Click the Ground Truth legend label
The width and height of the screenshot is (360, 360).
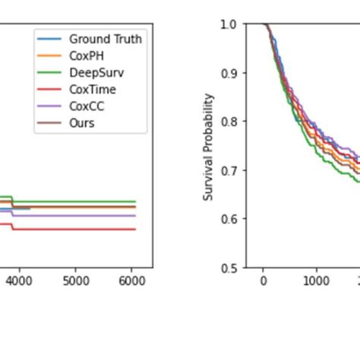pyautogui.click(x=105, y=39)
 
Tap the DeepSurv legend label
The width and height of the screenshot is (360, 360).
pyautogui.click(x=94, y=72)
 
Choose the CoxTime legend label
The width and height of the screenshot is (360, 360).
pyautogui.click(x=92, y=89)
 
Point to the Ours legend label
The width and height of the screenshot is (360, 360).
pyautogui.click(x=81, y=122)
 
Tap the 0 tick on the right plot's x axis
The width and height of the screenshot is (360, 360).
pyautogui.click(x=264, y=279)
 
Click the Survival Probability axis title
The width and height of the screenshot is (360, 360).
pyautogui.click(x=210, y=146)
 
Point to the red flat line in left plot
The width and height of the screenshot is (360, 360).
pyautogui.click(x=76, y=229)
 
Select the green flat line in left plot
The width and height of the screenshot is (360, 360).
pyautogui.click(x=76, y=202)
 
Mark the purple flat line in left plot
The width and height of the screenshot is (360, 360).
pyautogui.click(x=76, y=216)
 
